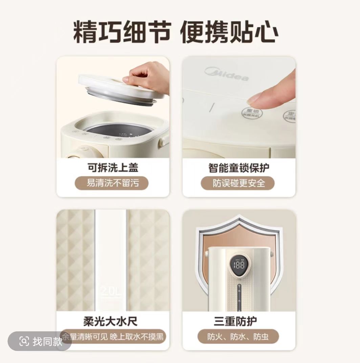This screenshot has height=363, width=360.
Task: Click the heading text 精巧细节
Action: pos(121,32)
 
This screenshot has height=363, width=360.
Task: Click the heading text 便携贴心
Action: pos(229,32)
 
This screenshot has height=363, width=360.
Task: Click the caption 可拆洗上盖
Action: pos(113,168)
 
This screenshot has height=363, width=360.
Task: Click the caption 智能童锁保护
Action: pos(239,168)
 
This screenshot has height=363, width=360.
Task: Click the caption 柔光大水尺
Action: pos(110,321)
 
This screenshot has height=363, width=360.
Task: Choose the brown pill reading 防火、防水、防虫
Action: pos(238,337)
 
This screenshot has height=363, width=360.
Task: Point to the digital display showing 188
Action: pos(239,264)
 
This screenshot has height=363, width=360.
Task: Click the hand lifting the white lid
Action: pos(147,76)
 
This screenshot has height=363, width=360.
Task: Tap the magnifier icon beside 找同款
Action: pos(24,341)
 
